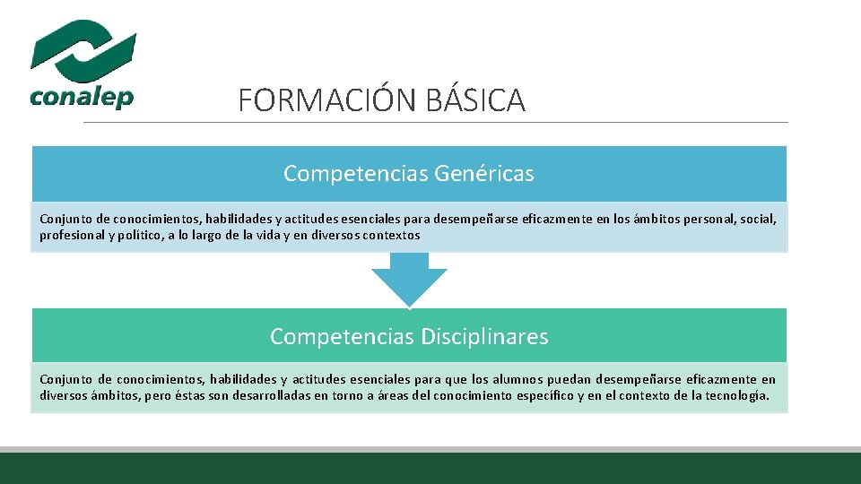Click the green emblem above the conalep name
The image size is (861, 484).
[x=83, y=48]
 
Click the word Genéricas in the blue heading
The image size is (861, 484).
[x=484, y=174]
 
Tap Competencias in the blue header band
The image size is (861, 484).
[x=355, y=174]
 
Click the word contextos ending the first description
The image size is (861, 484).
[x=391, y=235]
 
